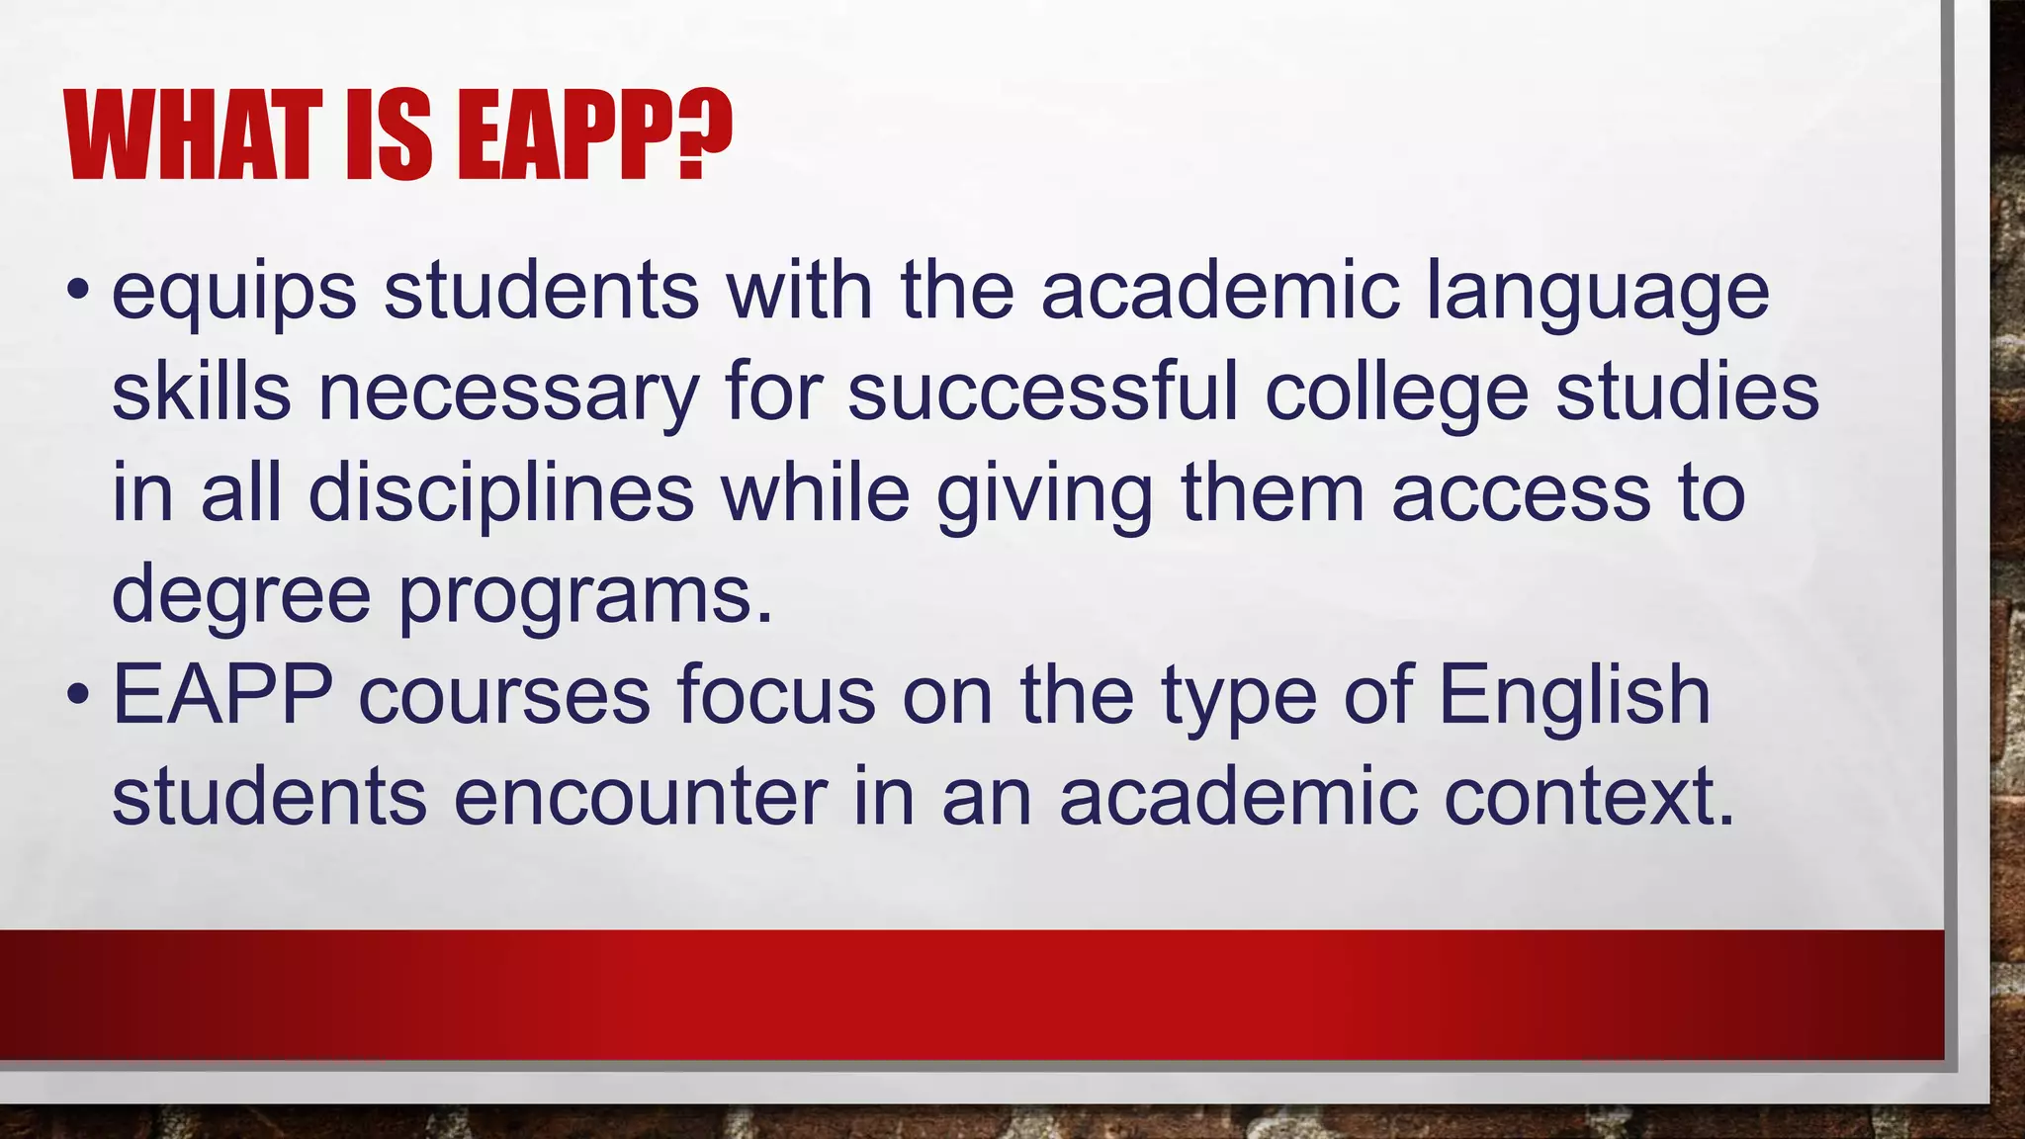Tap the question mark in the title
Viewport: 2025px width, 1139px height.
[705, 135]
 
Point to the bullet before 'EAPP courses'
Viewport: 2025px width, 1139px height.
[78, 695]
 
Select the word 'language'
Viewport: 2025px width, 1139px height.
[1597, 293]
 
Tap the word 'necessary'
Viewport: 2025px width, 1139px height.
[508, 394]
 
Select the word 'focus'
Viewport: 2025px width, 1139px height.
[776, 695]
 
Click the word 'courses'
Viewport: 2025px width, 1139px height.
[504, 695]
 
